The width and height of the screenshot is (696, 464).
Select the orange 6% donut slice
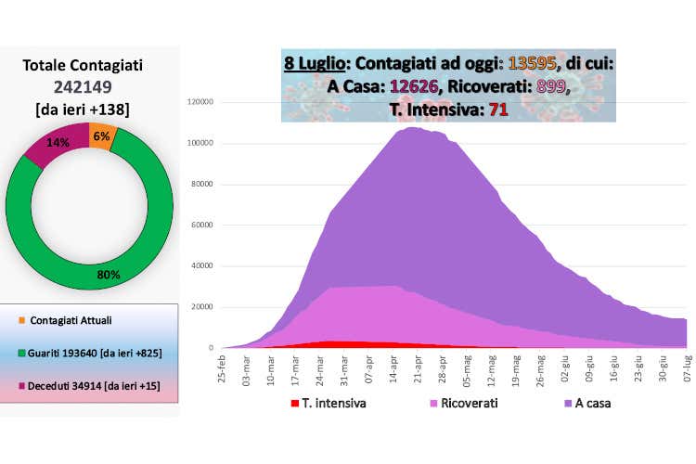pos(101,135)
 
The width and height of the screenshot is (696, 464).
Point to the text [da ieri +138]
pos(88,109)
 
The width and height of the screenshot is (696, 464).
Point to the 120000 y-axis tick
pos(201,102)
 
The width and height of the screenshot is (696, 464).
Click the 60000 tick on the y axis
pos(204,225)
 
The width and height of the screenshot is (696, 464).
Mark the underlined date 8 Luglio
pos(315,65)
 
